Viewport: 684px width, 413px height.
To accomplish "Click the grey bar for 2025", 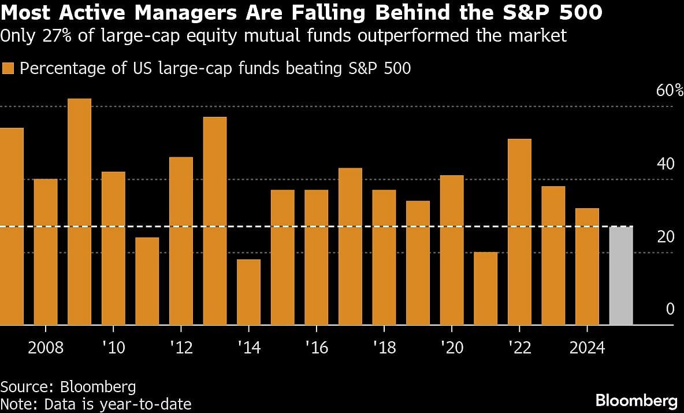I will click(621, 275).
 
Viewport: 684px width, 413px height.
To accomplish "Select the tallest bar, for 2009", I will click(79, 212).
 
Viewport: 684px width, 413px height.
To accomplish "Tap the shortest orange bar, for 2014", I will click(248, 292).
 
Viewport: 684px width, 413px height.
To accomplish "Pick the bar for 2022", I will click(519, 231).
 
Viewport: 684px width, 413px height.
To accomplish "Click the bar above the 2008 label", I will click(46, 252).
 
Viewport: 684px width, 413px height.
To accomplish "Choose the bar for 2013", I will click(215, 220).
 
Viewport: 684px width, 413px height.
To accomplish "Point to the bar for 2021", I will click(485, 288).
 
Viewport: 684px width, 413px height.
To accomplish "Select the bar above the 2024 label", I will click(587, 266).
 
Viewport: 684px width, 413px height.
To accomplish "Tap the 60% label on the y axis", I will click(670, 91).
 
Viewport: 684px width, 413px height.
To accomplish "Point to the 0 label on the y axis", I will click(670, 309).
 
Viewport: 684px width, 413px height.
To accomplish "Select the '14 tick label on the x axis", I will click(248, 348).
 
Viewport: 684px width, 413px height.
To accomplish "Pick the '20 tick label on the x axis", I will click(451, 348).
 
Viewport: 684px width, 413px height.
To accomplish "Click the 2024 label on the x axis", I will click(587, 348).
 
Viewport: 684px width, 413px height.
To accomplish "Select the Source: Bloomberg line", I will click(68, 386).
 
